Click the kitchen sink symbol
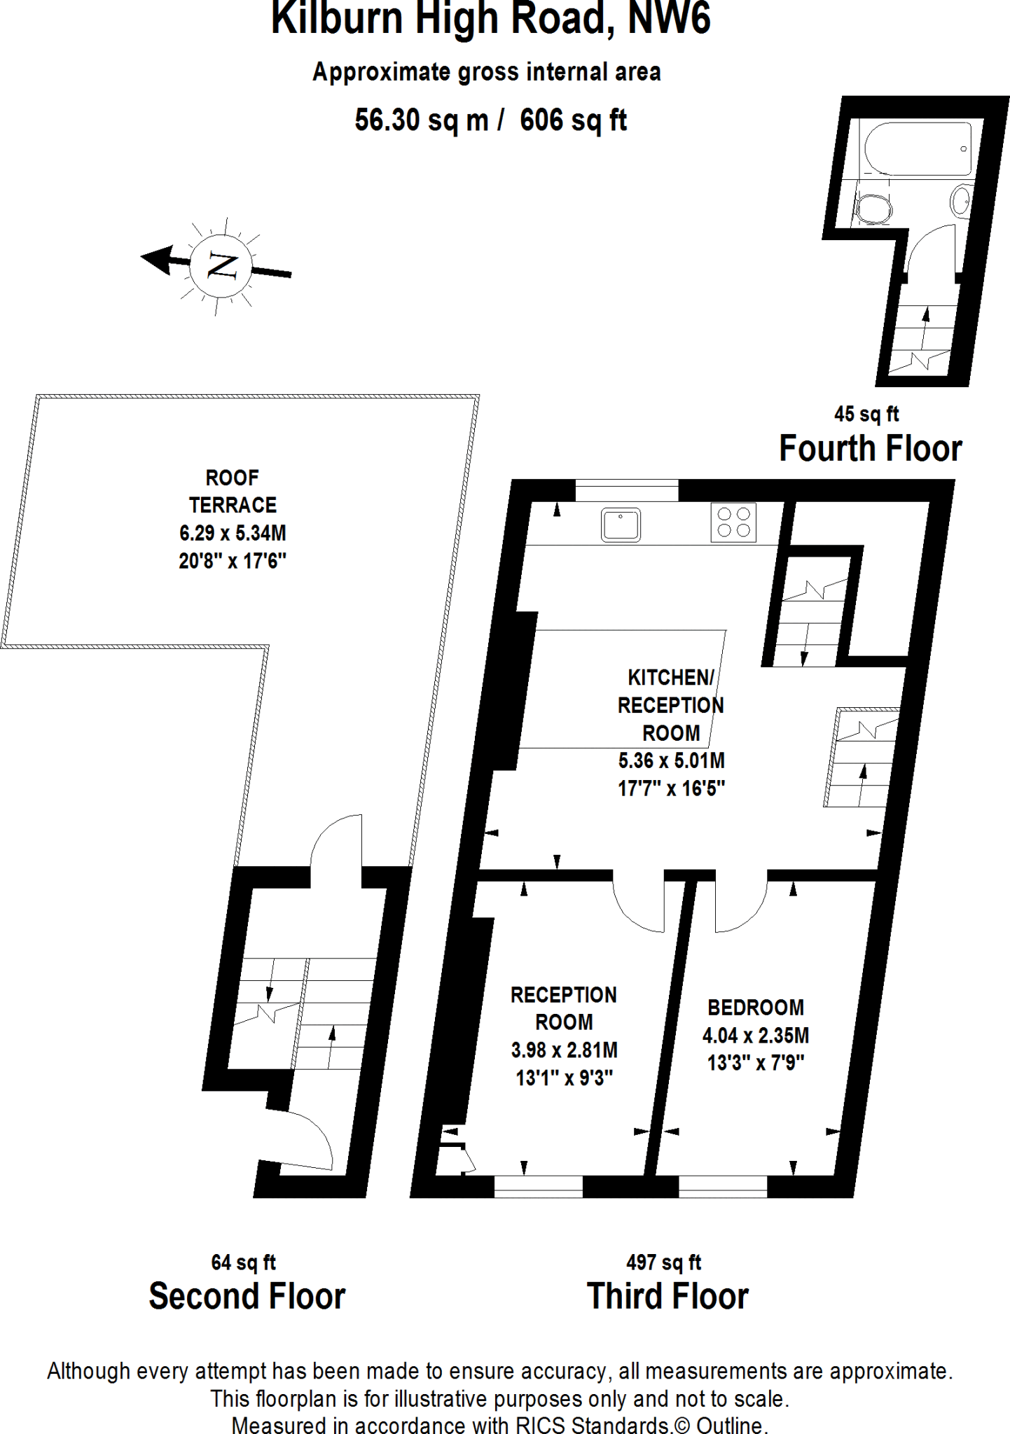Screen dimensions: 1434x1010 [621, 524]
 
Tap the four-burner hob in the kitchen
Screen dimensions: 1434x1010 [733, 522]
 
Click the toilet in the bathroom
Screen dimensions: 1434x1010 [873, 208]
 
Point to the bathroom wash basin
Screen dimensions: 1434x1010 [962, 201]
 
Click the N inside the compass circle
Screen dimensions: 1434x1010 [222, 266]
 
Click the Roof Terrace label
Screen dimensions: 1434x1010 [233, 492]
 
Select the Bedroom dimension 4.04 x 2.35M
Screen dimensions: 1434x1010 [756, 1035]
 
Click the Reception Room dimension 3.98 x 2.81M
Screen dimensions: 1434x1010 [564, 1050]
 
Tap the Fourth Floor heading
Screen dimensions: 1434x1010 [871, 448]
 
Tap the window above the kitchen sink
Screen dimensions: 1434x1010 [627, 490]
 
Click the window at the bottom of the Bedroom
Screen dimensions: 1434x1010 [723, 1186]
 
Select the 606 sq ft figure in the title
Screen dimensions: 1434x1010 [573, 120]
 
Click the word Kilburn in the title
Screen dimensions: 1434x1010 [337, 18]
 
